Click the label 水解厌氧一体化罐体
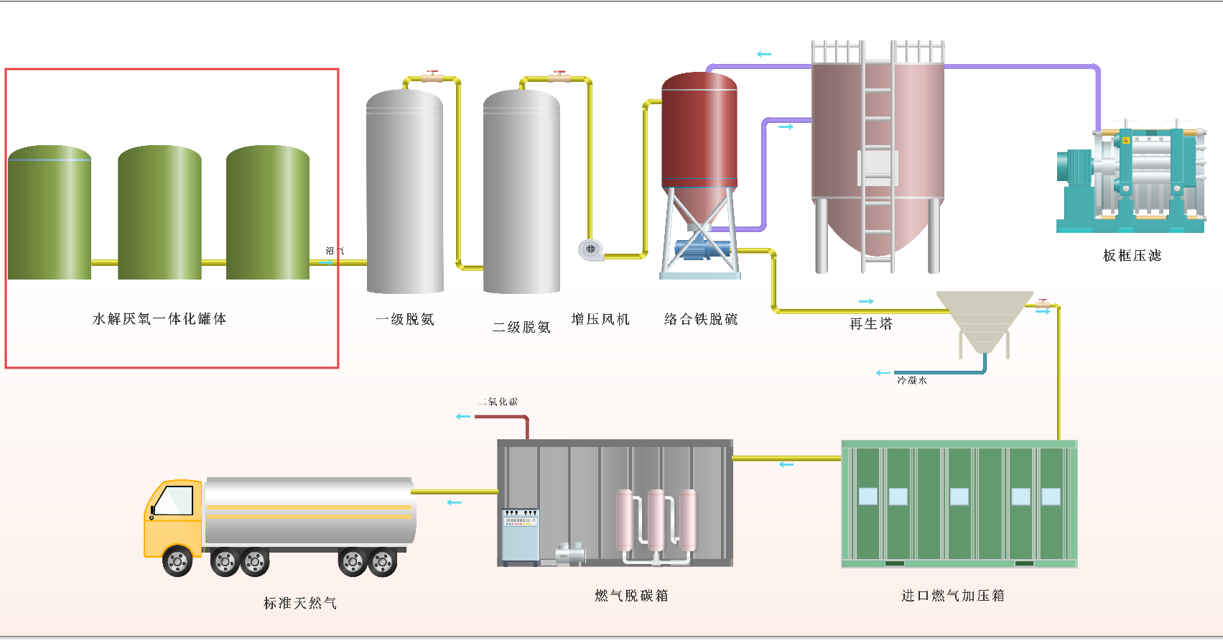159,319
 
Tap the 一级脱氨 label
405,320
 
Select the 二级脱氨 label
521,328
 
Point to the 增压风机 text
600,319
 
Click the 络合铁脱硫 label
701,319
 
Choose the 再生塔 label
871,324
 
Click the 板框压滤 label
1132,256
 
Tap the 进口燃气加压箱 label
953,596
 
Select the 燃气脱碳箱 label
631,596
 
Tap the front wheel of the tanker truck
177,561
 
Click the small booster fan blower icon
590,249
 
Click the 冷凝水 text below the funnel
911,381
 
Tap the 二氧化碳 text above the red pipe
498,402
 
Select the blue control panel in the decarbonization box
520,535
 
